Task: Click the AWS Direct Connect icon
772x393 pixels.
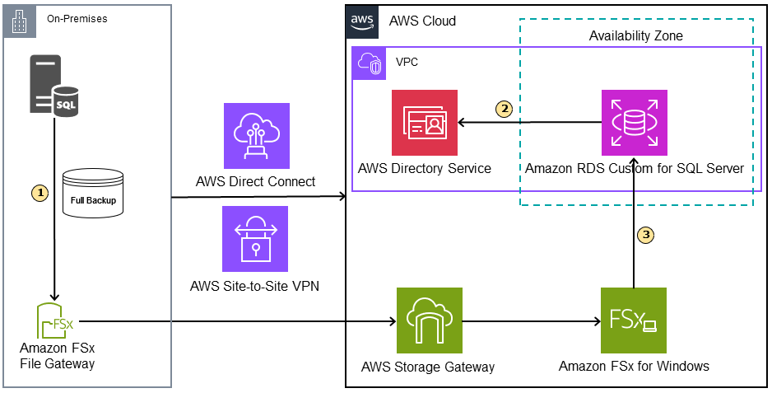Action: click(256, 136)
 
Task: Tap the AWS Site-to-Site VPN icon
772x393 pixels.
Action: click(256, 239)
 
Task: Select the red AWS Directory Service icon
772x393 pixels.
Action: click(425, 123)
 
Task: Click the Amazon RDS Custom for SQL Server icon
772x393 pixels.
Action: click(635, 123)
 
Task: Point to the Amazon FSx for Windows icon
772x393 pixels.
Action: click(634, 320)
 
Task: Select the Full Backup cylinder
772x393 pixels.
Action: click(93, 194)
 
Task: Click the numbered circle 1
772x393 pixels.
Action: click(40, 192)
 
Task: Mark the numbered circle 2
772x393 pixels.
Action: click(504, 108)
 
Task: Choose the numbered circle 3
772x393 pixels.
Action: click(647, 235)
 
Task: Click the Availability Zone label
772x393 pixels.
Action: click(635, 36)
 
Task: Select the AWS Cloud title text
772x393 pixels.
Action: click(422, 21)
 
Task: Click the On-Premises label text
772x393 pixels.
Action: click(77, 18)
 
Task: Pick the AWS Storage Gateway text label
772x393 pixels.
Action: click(428, 367)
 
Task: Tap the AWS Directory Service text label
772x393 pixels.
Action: click(425, 168)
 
